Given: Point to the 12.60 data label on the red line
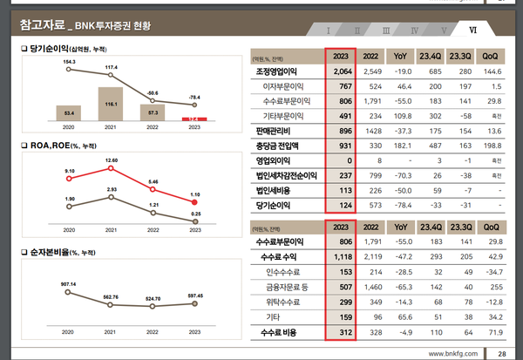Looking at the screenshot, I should point(110,160).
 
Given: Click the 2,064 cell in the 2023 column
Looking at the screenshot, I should point(342,71).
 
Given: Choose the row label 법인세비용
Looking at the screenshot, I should point(276,190).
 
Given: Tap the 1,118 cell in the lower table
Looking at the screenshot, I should point(342,258).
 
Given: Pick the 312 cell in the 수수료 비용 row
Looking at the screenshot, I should point(342,332).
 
